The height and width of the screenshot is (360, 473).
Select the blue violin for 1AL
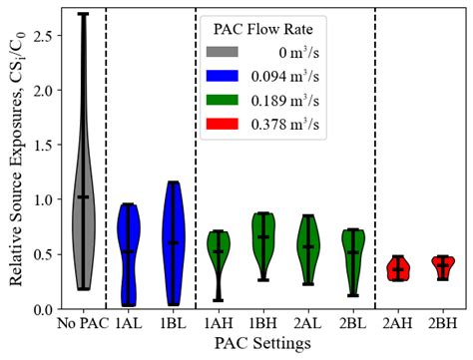128,249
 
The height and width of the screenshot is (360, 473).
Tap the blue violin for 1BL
173,239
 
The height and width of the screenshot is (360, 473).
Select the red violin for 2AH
399,268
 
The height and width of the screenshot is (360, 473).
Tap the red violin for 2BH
444,265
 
